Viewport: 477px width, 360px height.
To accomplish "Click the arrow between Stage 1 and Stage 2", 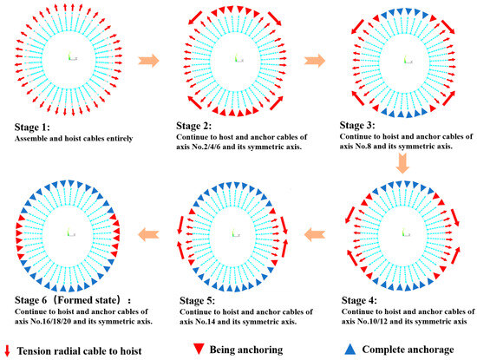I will click(151, 60).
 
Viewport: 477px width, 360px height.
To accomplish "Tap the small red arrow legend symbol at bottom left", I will click(8, 349).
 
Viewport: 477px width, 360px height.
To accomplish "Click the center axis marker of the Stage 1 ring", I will click(73, 58).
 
